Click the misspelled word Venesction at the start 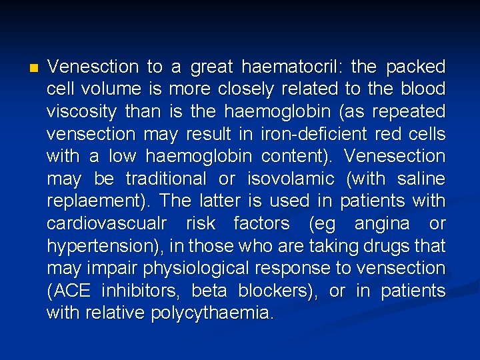(x=93, y=67)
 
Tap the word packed (x=416, y=67)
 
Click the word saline (x=422, y=179)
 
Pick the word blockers (x=272, y=291)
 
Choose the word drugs (x=384, y=246)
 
